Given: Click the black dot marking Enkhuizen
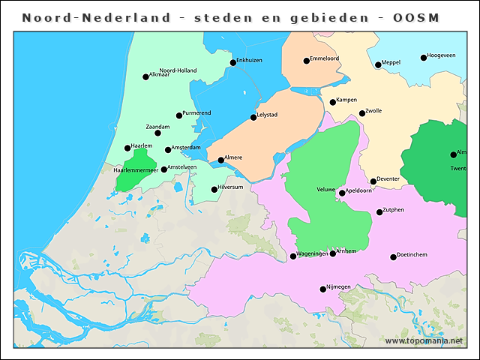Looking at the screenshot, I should click(232, 63).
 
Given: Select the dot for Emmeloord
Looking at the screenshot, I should click(306, 61).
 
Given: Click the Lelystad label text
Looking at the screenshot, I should click(268, 115).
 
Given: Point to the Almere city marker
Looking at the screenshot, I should click(220, 160).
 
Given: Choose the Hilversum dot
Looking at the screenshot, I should click(214, 189).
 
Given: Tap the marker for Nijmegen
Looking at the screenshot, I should click(322, 289).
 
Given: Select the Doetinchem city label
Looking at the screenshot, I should click(412, 256).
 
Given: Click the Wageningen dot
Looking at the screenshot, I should click(293, 256).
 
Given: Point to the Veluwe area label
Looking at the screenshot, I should click(325, 190).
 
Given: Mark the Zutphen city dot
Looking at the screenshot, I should click(379, 212).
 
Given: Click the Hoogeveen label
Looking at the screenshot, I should click(442, 55).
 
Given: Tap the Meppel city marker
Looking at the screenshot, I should click(378, 65).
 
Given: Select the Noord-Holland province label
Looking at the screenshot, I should click(178, 70).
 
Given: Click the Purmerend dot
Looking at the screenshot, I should click(178, 115).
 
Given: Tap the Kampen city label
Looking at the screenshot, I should click(347, 100).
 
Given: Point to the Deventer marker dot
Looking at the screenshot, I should click(373, 181).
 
